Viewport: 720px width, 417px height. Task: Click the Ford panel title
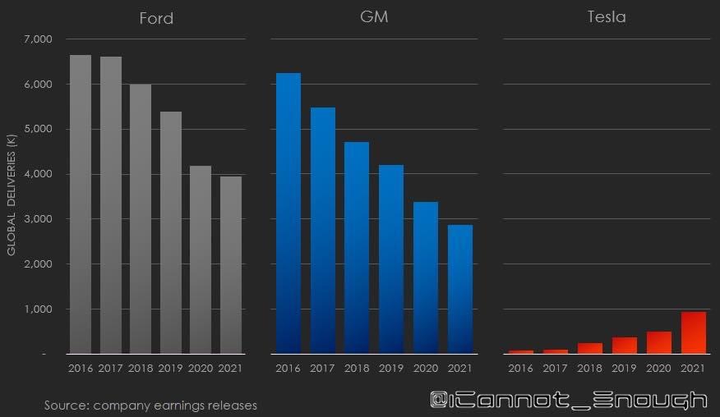[x=155, y=18]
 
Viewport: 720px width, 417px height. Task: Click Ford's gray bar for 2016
[x=81, y=205]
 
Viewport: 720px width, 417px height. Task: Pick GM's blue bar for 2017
[x=322, y=231]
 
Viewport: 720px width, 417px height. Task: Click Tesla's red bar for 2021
[x=693, y=333]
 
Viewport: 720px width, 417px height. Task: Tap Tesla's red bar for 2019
[x=624, y=346]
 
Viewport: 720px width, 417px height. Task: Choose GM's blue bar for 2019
[x=391, y=259]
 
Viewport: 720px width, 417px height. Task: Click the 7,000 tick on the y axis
[x=39, y=39]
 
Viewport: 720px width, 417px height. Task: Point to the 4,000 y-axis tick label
[x=39, y=174]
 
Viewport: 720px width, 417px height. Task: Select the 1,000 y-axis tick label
[x=39, y=309]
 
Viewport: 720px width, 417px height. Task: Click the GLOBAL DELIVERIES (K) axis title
[x=12, y=197]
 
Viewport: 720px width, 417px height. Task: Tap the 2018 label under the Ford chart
[x=141, y=369]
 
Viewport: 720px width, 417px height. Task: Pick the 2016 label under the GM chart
[x=288, y=369]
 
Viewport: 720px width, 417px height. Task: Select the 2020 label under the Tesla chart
[x=658, y=369]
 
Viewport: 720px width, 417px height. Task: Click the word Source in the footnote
[x=67, y=406]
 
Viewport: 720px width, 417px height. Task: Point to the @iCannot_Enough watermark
[x=569, y=401]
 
